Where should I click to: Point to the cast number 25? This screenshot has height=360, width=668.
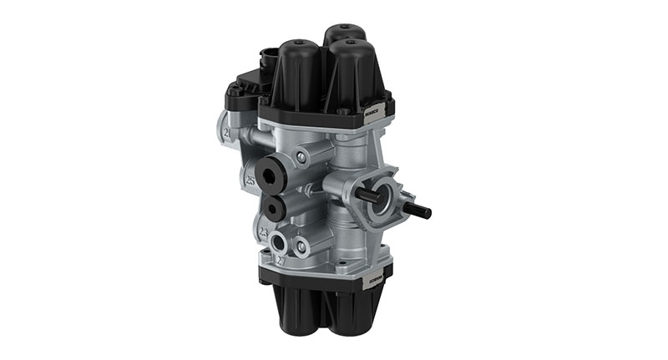pyautogui.click(x=250, y=180)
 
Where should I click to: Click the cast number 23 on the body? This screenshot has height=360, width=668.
pyautogui.click(x=263, y=232)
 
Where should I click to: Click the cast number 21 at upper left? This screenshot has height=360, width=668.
pyautogui.click(x=226, y=132)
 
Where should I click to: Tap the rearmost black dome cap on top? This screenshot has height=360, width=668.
pyautogui.click(x=343, y=38)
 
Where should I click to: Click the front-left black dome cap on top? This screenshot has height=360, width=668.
pyautogui.click(x=299, y=71)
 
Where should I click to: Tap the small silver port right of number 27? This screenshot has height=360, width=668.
pyautogui.click(x=301, y=247)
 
